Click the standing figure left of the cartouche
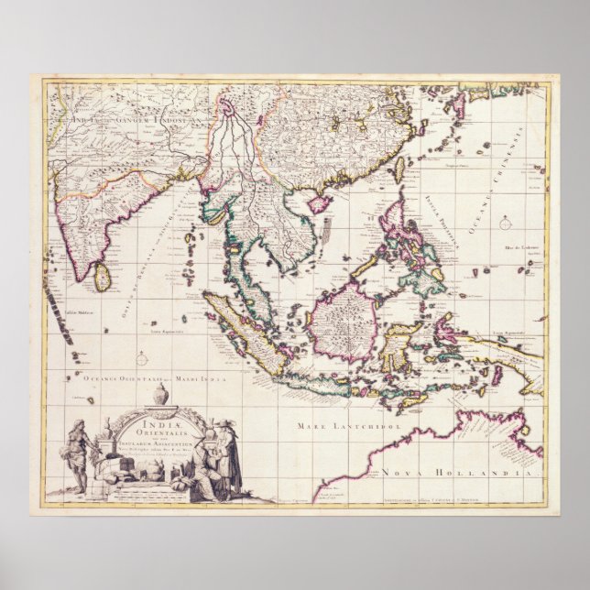(x=79, y=453)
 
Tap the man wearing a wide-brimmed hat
(x=225, y=453)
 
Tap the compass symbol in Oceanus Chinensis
(x=505, y=220)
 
